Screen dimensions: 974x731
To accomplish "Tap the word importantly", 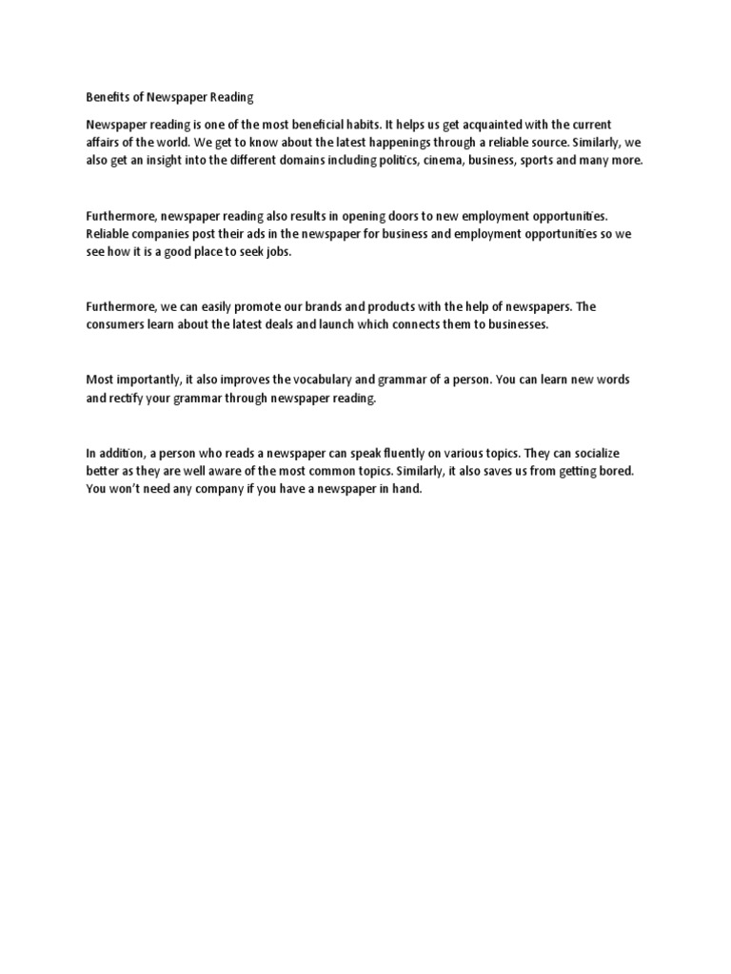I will coord(164,380).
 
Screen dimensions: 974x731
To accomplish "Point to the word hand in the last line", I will coord(405,490).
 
